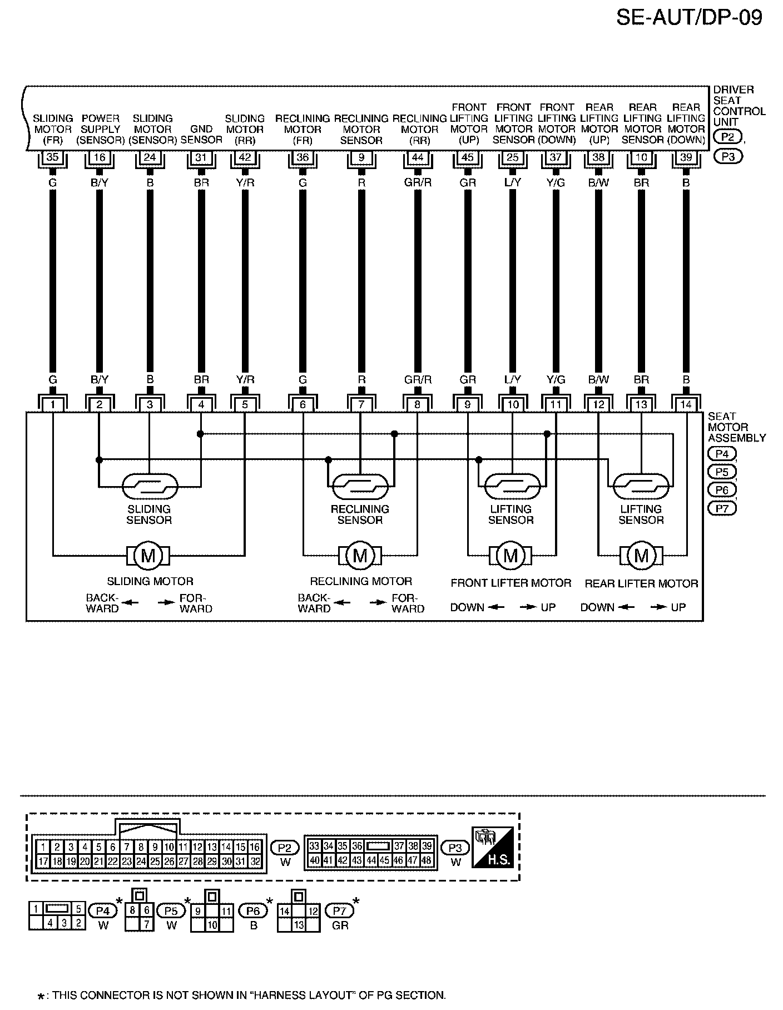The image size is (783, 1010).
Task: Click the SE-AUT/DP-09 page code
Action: pyautogui.click(x=689, y=18)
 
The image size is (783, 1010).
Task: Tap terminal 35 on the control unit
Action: pyautogui.click(x=52, y=157)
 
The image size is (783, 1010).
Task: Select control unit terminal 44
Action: pyautogui.click(x=418, y=157)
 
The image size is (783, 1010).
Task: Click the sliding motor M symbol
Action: pyautogui.click(x=148, y=555)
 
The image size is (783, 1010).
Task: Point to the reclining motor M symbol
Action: pyautogui.click(x=360, y=555)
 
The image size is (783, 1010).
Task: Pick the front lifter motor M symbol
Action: pyautogui.click(x=511, y=555)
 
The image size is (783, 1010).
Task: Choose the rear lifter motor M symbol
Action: pyautogui.click(x=641, y=555)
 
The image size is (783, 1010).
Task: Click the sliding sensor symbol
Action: pyautogui.click(x=149, y=487)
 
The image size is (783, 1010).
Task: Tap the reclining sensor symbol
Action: pyautogui.click(x=360, y=487)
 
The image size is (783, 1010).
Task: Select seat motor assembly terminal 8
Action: pyautogui.click(x=418, y=405)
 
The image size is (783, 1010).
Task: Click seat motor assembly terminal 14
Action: pyautogui.click(x=686, y=405)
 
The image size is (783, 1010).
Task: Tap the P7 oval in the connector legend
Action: pyautogui.click(x=339, y=911)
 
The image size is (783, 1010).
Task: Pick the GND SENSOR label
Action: pyautogui.click(x=201, y=135)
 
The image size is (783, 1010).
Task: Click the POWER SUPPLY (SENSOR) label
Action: pyautogui.click(x=100, y=129)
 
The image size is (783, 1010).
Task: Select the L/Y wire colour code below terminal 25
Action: pyautogui.click(x=512, y=182)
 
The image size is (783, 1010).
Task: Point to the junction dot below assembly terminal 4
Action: pyautogui.click(x=201, y=433)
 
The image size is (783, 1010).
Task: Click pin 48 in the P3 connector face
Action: pyautogui.click(x=427, y=860)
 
